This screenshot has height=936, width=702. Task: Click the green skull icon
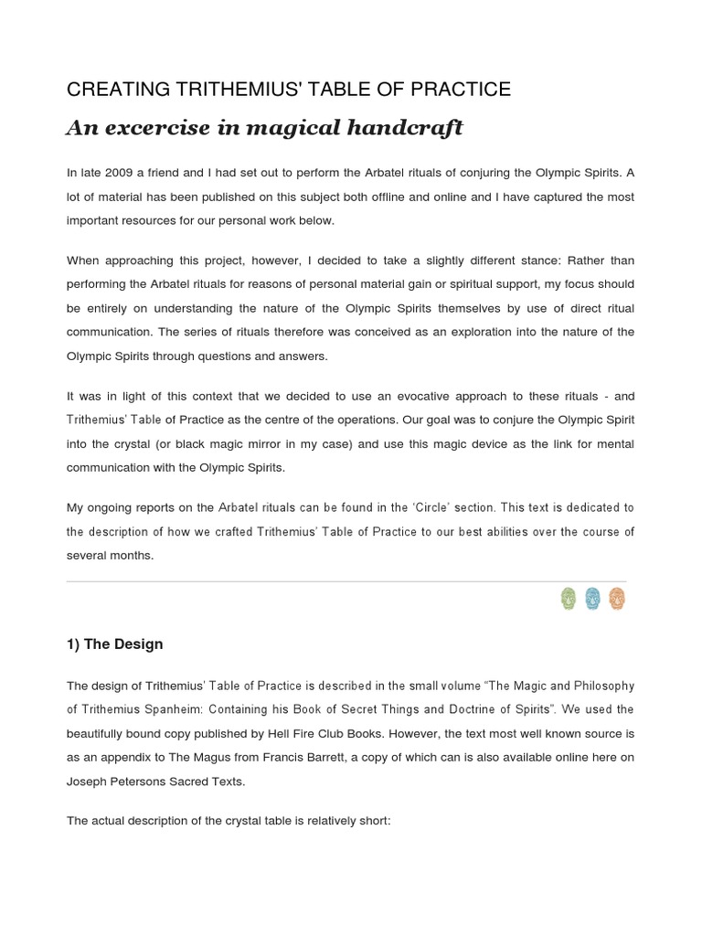pyautogui.click(x=568, y=599)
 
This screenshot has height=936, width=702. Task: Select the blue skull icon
pyautogui.click(x=592, y=599)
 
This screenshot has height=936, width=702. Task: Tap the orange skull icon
pyautogui.click(x=617, y=599)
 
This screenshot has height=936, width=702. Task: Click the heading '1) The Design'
pyautogui.click(x=114, y=643)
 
